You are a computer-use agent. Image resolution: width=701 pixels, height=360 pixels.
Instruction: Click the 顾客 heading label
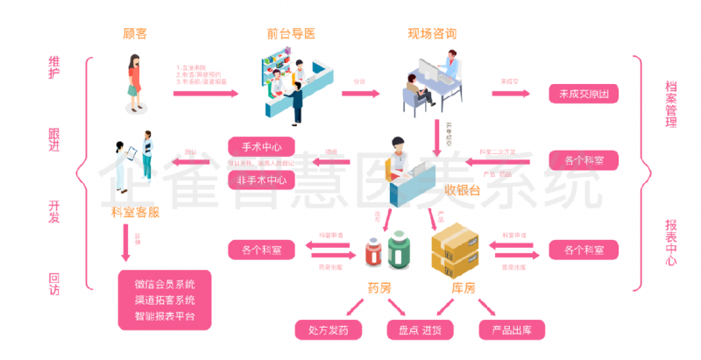pos(135,34)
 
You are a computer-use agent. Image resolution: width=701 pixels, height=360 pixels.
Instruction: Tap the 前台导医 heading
pos(291,34)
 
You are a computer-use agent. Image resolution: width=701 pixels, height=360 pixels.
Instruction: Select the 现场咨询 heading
pos(431,34)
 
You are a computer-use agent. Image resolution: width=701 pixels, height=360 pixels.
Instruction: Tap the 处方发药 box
pos(334,330)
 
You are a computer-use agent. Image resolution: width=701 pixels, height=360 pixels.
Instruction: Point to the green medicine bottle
pos(399,251)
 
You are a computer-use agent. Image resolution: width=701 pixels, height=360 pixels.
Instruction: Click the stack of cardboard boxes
pos(458,246)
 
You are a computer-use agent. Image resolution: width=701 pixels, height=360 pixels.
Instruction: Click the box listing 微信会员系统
pos(165,300)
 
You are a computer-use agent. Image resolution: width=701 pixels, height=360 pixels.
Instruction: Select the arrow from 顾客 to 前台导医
pos(204,90)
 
